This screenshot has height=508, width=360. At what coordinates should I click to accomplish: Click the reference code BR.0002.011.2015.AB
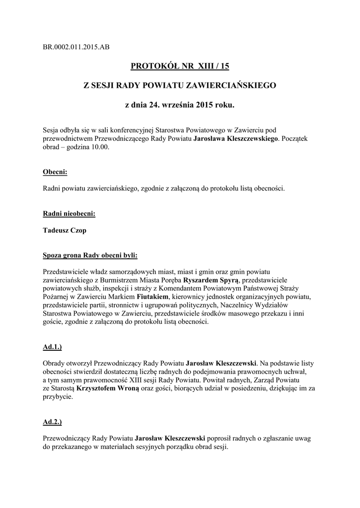point(76,47)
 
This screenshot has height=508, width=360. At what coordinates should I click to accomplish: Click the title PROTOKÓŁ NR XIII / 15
point(179,65)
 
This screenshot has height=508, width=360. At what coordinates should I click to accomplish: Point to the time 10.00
point(98,148)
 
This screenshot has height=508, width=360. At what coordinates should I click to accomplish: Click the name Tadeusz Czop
point(65,230)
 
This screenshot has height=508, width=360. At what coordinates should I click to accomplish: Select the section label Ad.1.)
point(53,346)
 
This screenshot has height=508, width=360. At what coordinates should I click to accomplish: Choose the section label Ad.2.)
point(53,422)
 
